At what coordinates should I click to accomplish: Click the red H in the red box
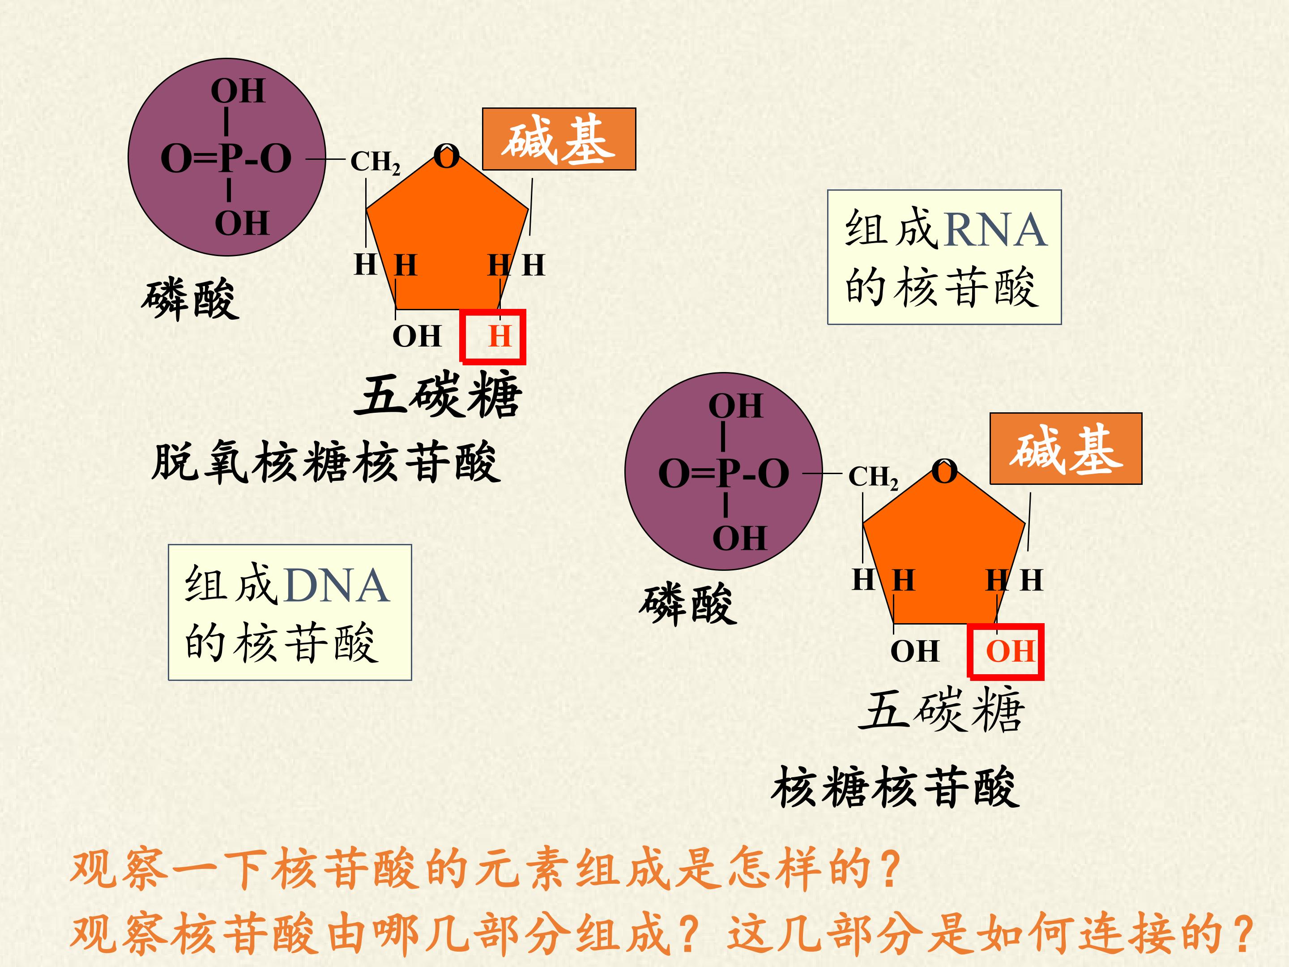tap(499, 336)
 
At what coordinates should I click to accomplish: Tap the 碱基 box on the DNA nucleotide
tap(559, 139)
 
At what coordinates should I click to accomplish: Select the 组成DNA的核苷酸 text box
tap(290, 612)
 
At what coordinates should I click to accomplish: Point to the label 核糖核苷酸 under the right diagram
tap(896, 787)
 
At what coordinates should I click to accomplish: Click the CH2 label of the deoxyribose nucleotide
tap(375, 162)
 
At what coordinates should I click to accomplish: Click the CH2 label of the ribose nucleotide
tap(873, 477)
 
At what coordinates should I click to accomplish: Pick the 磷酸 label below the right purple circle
tap(688, 604)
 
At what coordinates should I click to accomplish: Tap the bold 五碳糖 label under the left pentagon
tap(438, 396)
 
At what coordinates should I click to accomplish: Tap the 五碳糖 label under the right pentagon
tap(941, 710)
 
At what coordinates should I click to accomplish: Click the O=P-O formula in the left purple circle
tap(226, 158)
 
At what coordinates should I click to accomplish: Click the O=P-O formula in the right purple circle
tap(724, 473)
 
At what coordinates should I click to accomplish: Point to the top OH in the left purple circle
tap(238, 91)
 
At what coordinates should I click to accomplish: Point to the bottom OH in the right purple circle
tap(739, 538)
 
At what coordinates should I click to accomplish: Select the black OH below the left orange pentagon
tap(417, 336)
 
